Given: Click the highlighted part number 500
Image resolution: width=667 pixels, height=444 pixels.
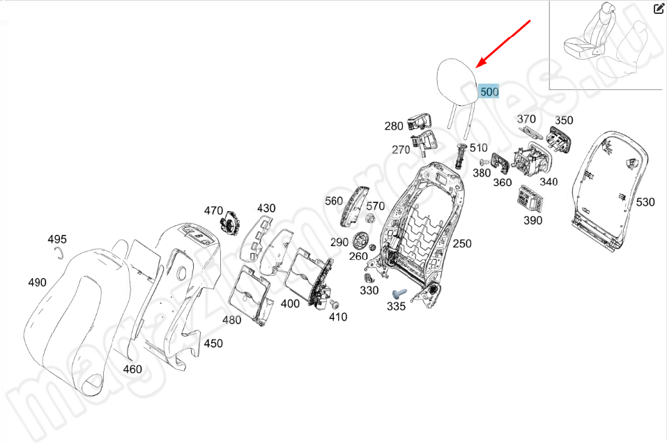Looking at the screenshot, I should [x=489, y=91].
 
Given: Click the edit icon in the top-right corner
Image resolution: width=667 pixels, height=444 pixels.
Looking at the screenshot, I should [x=658, y=9].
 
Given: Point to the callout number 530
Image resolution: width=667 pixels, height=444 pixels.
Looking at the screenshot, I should [x=645, y=202].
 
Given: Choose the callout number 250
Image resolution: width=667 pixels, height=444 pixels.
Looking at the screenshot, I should [x=462, y=243].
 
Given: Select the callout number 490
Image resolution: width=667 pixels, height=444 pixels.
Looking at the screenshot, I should [x=37, y=282].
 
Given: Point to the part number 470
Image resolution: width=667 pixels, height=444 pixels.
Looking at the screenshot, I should [x=213, y=210].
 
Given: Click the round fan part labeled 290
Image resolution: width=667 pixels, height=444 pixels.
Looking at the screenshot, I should [x=361, y=241].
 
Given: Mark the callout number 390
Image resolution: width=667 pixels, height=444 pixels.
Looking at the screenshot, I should [x=532, y=220].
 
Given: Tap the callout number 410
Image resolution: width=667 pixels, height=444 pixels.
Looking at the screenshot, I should [x=338, y=318].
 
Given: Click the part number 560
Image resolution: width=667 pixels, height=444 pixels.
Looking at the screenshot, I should [x=334, y=201].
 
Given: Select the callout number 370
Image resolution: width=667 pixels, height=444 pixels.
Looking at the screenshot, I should [x=526, y=119].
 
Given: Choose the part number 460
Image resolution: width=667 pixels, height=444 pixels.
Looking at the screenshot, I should [x=132, y=369].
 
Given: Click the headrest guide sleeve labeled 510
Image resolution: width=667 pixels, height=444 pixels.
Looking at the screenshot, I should [x=460, y=154].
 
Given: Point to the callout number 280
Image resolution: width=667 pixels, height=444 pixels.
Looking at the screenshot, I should [x=394, y=126].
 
